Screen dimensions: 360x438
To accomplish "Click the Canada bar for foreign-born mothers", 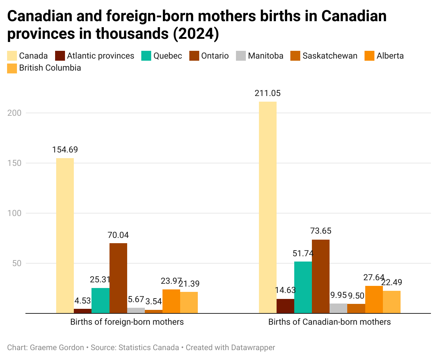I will coord(65,235).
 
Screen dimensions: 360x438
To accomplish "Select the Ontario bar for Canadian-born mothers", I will coord(321,276).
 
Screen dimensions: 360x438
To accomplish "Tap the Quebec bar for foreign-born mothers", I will coord(100,300).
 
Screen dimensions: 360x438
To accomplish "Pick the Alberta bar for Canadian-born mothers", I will coord(374,299).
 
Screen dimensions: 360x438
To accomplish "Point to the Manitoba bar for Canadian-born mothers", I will coord(338,308).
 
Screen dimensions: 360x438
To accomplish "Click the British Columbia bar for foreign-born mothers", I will coord(189,302).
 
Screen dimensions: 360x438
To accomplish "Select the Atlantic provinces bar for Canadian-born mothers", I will coord(285,306).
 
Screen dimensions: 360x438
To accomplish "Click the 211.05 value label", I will coord(268,93).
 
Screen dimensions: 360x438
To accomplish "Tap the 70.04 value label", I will coord(118,235).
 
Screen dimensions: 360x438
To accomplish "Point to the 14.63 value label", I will coord(285,290).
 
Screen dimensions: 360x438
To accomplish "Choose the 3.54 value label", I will coord(154,301).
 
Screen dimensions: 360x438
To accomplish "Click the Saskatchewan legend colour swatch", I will coord(295,56).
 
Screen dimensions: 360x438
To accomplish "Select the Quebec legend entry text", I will coord(168,56).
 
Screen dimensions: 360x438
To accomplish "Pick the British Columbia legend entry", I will coord(50,68).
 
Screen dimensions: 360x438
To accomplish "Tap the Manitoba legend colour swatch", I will coord(241,56).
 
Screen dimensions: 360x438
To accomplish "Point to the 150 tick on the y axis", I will coord(14,163).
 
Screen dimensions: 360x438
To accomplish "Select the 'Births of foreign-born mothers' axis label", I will coord(127,322).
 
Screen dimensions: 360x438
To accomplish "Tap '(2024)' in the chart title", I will coord(196,34).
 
